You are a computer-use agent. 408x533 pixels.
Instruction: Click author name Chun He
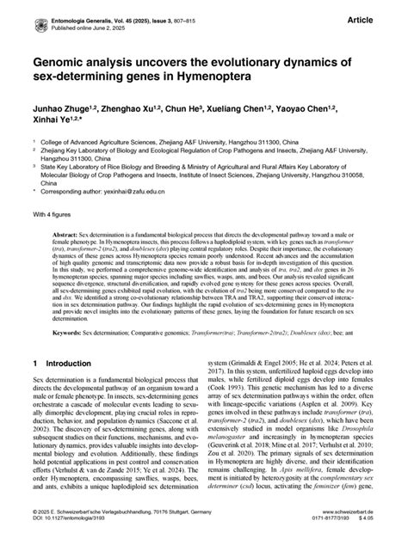[x=199, y=109]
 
